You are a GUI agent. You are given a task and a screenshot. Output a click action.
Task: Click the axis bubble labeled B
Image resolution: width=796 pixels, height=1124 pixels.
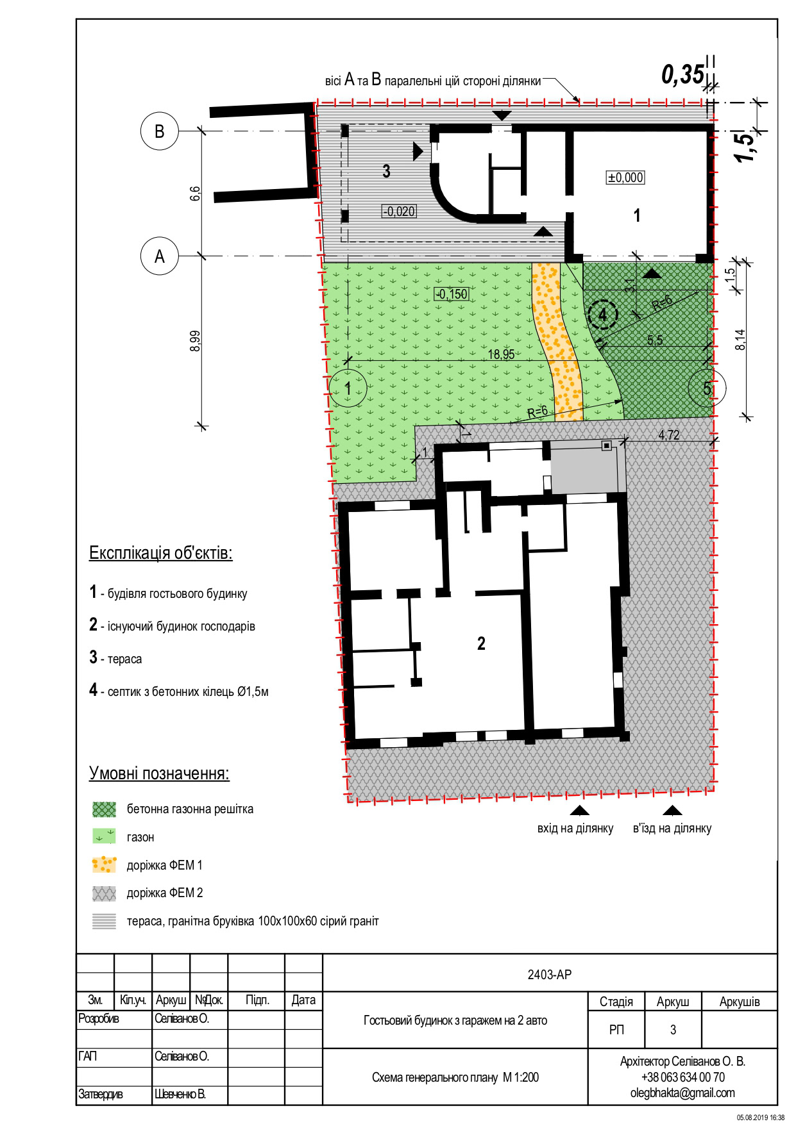[x=159, y=131]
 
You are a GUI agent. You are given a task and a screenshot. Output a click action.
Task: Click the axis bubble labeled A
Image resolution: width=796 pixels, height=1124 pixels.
[x=159, y=256]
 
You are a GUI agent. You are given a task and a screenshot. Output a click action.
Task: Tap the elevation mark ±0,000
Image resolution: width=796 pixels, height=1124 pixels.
[x=625, y=178]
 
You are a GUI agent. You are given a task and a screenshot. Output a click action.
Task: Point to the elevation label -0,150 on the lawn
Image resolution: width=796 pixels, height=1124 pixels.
[x=452, y=294]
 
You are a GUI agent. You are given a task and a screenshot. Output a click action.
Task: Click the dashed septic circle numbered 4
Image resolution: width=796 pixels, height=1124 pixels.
[x=602, y=315]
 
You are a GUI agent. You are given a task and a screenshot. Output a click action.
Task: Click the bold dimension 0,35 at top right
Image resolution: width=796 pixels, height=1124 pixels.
[x=682, y=75]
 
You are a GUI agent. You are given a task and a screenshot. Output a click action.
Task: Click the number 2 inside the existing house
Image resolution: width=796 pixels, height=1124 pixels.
[x=481, y=643]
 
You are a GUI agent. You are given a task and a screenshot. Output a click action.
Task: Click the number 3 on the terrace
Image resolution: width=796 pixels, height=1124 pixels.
[x=386, y=171]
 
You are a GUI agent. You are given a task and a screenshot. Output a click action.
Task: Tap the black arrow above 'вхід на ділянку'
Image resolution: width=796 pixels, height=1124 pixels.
[x=580, y=810]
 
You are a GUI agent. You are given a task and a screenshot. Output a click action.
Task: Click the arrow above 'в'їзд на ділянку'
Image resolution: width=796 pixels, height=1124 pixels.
[x=673, y=810]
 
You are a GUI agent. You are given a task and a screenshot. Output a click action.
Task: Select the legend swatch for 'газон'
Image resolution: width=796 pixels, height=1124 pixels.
[x=105, y=837]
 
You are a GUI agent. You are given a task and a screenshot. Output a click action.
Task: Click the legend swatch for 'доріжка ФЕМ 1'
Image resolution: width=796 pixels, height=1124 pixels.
[x=105, y=865]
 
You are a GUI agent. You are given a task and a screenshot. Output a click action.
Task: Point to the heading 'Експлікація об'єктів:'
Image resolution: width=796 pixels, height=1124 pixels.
[x=160, y=553]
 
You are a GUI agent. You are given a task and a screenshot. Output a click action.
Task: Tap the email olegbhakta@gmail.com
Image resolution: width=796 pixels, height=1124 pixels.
[x=682, y=1093]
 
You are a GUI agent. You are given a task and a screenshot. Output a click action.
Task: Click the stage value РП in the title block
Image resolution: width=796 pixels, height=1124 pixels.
[x=616, y=1030]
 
